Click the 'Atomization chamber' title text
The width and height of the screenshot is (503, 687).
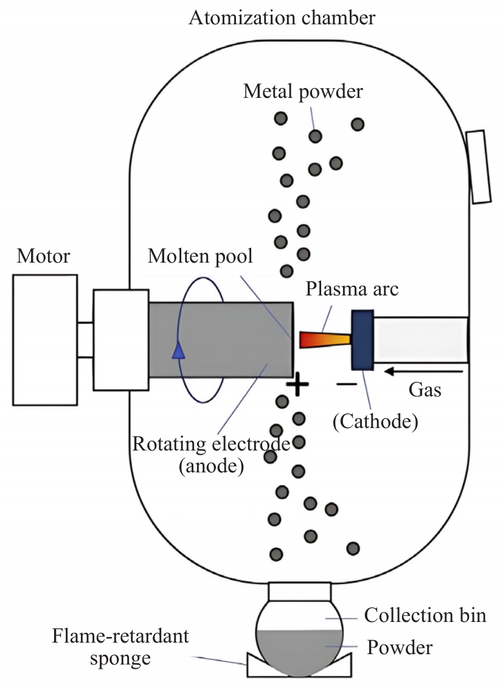[282, 18]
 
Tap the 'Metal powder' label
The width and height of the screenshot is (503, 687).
[303, 92]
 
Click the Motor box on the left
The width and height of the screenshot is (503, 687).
[45, 340]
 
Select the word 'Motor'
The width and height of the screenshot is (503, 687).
[43, 257]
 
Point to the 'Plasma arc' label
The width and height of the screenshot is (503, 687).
[352, 289]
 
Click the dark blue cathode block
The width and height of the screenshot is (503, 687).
[363, 340]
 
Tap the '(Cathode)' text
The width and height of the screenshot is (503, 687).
[375, 421]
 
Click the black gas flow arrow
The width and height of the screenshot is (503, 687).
[423, 372]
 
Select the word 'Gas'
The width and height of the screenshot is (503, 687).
[425, 390]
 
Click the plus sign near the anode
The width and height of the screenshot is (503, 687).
[297, 384]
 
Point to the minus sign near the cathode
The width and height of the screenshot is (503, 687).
[347, 384]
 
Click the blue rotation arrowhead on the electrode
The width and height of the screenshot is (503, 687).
[178, 351]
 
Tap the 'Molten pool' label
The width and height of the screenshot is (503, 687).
[200, 257]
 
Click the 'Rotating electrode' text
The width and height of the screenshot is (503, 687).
[211, 444]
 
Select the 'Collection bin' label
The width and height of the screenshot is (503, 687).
[425, 615]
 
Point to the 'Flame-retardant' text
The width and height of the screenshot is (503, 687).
[120, 636]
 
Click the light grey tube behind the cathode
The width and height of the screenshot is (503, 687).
[421, 340]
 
